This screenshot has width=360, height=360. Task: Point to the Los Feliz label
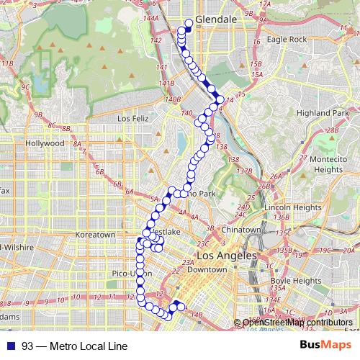tap(132, 118)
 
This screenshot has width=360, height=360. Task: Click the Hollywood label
tap(45, 143)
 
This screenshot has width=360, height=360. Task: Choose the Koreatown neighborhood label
tap(96, 235)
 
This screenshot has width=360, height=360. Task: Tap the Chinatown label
tap(241, 230)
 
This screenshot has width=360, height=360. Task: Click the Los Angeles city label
tap(226, 257)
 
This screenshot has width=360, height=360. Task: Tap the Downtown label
tap(212, 270)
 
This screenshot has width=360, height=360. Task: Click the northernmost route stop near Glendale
tap(189, 22)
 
